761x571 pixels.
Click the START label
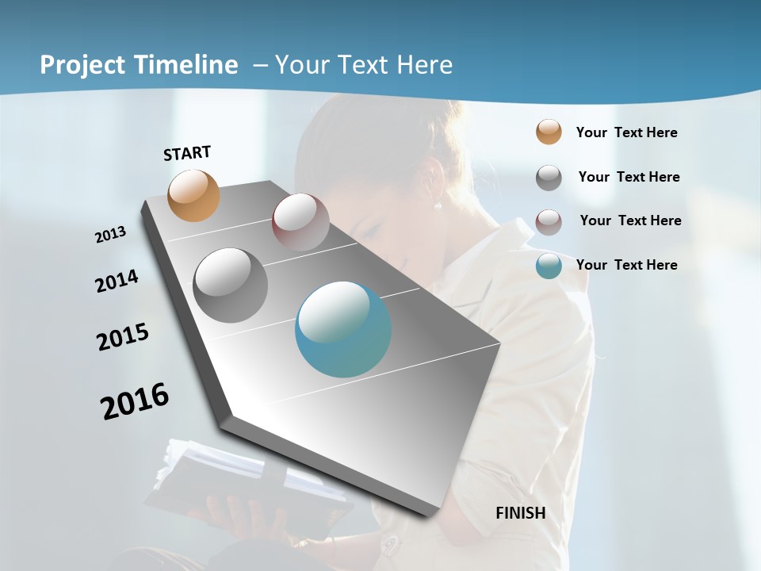[187, 152]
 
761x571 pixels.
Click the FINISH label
[521, 513]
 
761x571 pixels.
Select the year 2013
[111, 234]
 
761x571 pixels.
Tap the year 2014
[117, 281]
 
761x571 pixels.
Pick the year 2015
[123, 337]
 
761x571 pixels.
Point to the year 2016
[135, 400]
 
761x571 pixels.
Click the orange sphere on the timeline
[194, 195]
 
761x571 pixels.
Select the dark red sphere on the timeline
[300, 222]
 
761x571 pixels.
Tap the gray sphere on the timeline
[231, 285]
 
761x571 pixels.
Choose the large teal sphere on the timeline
[343, 329]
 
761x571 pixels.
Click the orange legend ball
[549, 132]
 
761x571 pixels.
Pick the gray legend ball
[549, 178]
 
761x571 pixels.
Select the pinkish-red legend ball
[549, 222]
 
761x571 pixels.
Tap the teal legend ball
[549, 266]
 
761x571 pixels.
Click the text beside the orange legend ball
[626, 132]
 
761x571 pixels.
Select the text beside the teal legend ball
[626, 265]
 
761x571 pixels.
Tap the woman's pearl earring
[437, 205]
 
